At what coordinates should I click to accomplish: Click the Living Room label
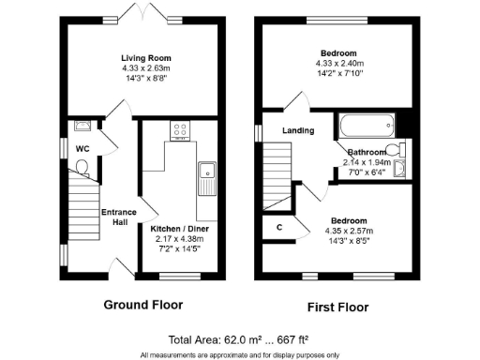tap(143, 56)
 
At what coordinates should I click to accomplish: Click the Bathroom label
tap(367, 152)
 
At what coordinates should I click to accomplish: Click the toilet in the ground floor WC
tap(82, 168)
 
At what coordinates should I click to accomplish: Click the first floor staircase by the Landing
tap(278, 178)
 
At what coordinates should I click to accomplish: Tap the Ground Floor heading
tap(142, 305)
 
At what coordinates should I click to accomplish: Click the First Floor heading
tap(338, 307)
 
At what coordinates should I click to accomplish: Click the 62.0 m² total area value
tap(236, 339)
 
